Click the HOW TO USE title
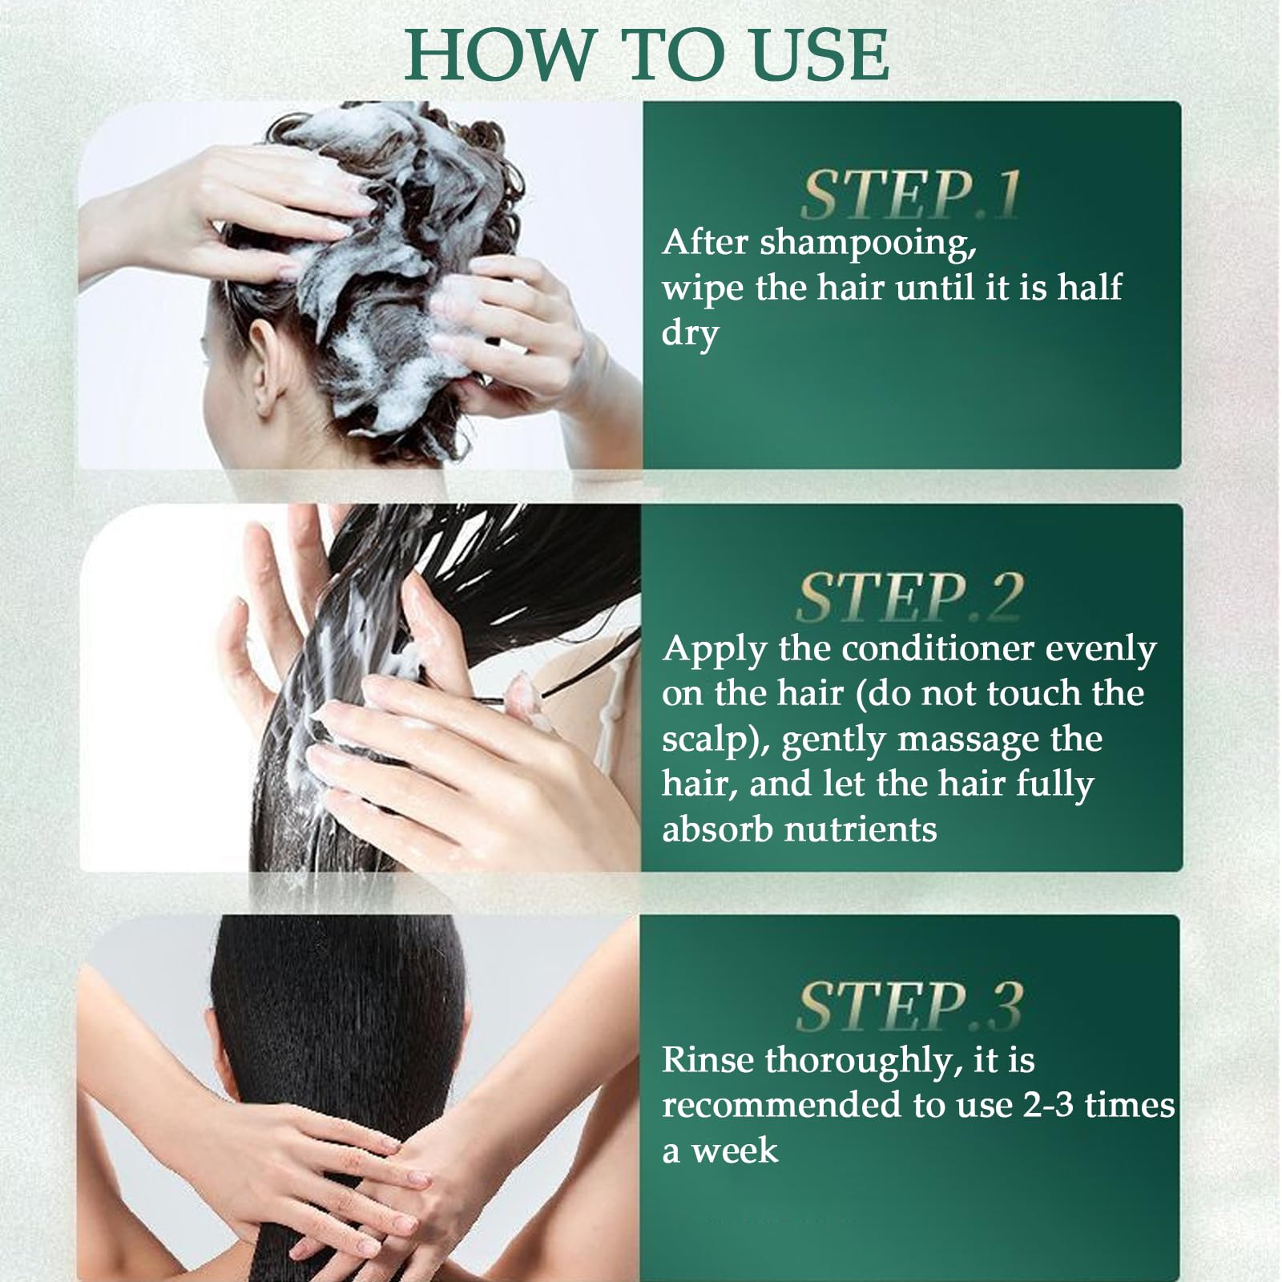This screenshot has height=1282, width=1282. pyautogui.click(x=647, y=54)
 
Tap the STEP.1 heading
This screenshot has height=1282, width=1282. pyautogui.click(x=911, y=196)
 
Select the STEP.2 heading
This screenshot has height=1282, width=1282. pyautogui.click(x=910, y=598)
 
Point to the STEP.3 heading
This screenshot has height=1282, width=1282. pyautogui.click(x=910, y=1006)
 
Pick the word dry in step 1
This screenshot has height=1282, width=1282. pyautogui.click(x=690, y=334)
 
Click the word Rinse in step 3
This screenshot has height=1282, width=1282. pyautogui.click(x=708, y=1060)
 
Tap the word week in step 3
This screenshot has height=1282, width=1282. pyautogui.click(x=735, y=1151)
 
